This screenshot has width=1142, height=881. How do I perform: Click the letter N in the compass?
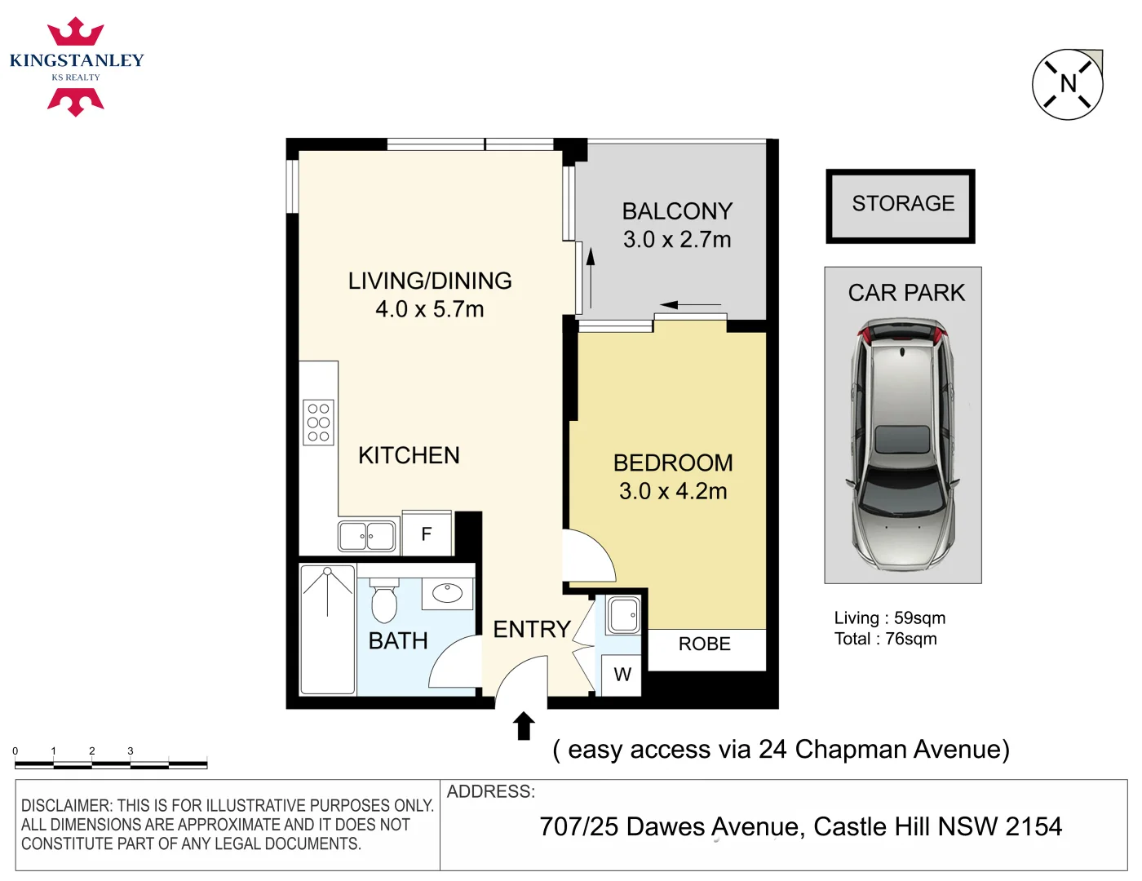pos(1068,83)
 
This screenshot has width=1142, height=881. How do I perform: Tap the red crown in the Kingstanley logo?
pos(76,32)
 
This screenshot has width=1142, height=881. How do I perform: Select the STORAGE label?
pos(903,203)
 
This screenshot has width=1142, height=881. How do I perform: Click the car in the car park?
pos(902,445)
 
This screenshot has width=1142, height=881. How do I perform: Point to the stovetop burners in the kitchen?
pos(318,423)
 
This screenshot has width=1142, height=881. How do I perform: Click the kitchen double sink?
pos(367,536)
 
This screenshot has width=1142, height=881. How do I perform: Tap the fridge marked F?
pos(427,533)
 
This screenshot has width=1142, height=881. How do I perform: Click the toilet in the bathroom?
pos(384,600)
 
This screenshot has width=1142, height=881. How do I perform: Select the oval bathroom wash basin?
pos(447,593)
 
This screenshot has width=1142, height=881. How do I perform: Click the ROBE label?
pos(704,644)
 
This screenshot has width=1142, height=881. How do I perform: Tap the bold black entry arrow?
pos(524,725)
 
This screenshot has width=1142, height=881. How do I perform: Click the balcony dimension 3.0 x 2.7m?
pos(677,240)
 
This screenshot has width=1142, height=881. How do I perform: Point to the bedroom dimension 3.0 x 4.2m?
pos(673,491)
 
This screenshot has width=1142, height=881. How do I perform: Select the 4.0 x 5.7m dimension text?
pos(429,309)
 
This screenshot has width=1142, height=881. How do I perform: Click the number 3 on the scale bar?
pos(131,751)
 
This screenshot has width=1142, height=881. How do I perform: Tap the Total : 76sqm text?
pos(886,639)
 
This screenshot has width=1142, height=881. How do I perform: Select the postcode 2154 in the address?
pos(1034,826)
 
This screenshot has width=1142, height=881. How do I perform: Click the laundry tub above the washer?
pos(624,615)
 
